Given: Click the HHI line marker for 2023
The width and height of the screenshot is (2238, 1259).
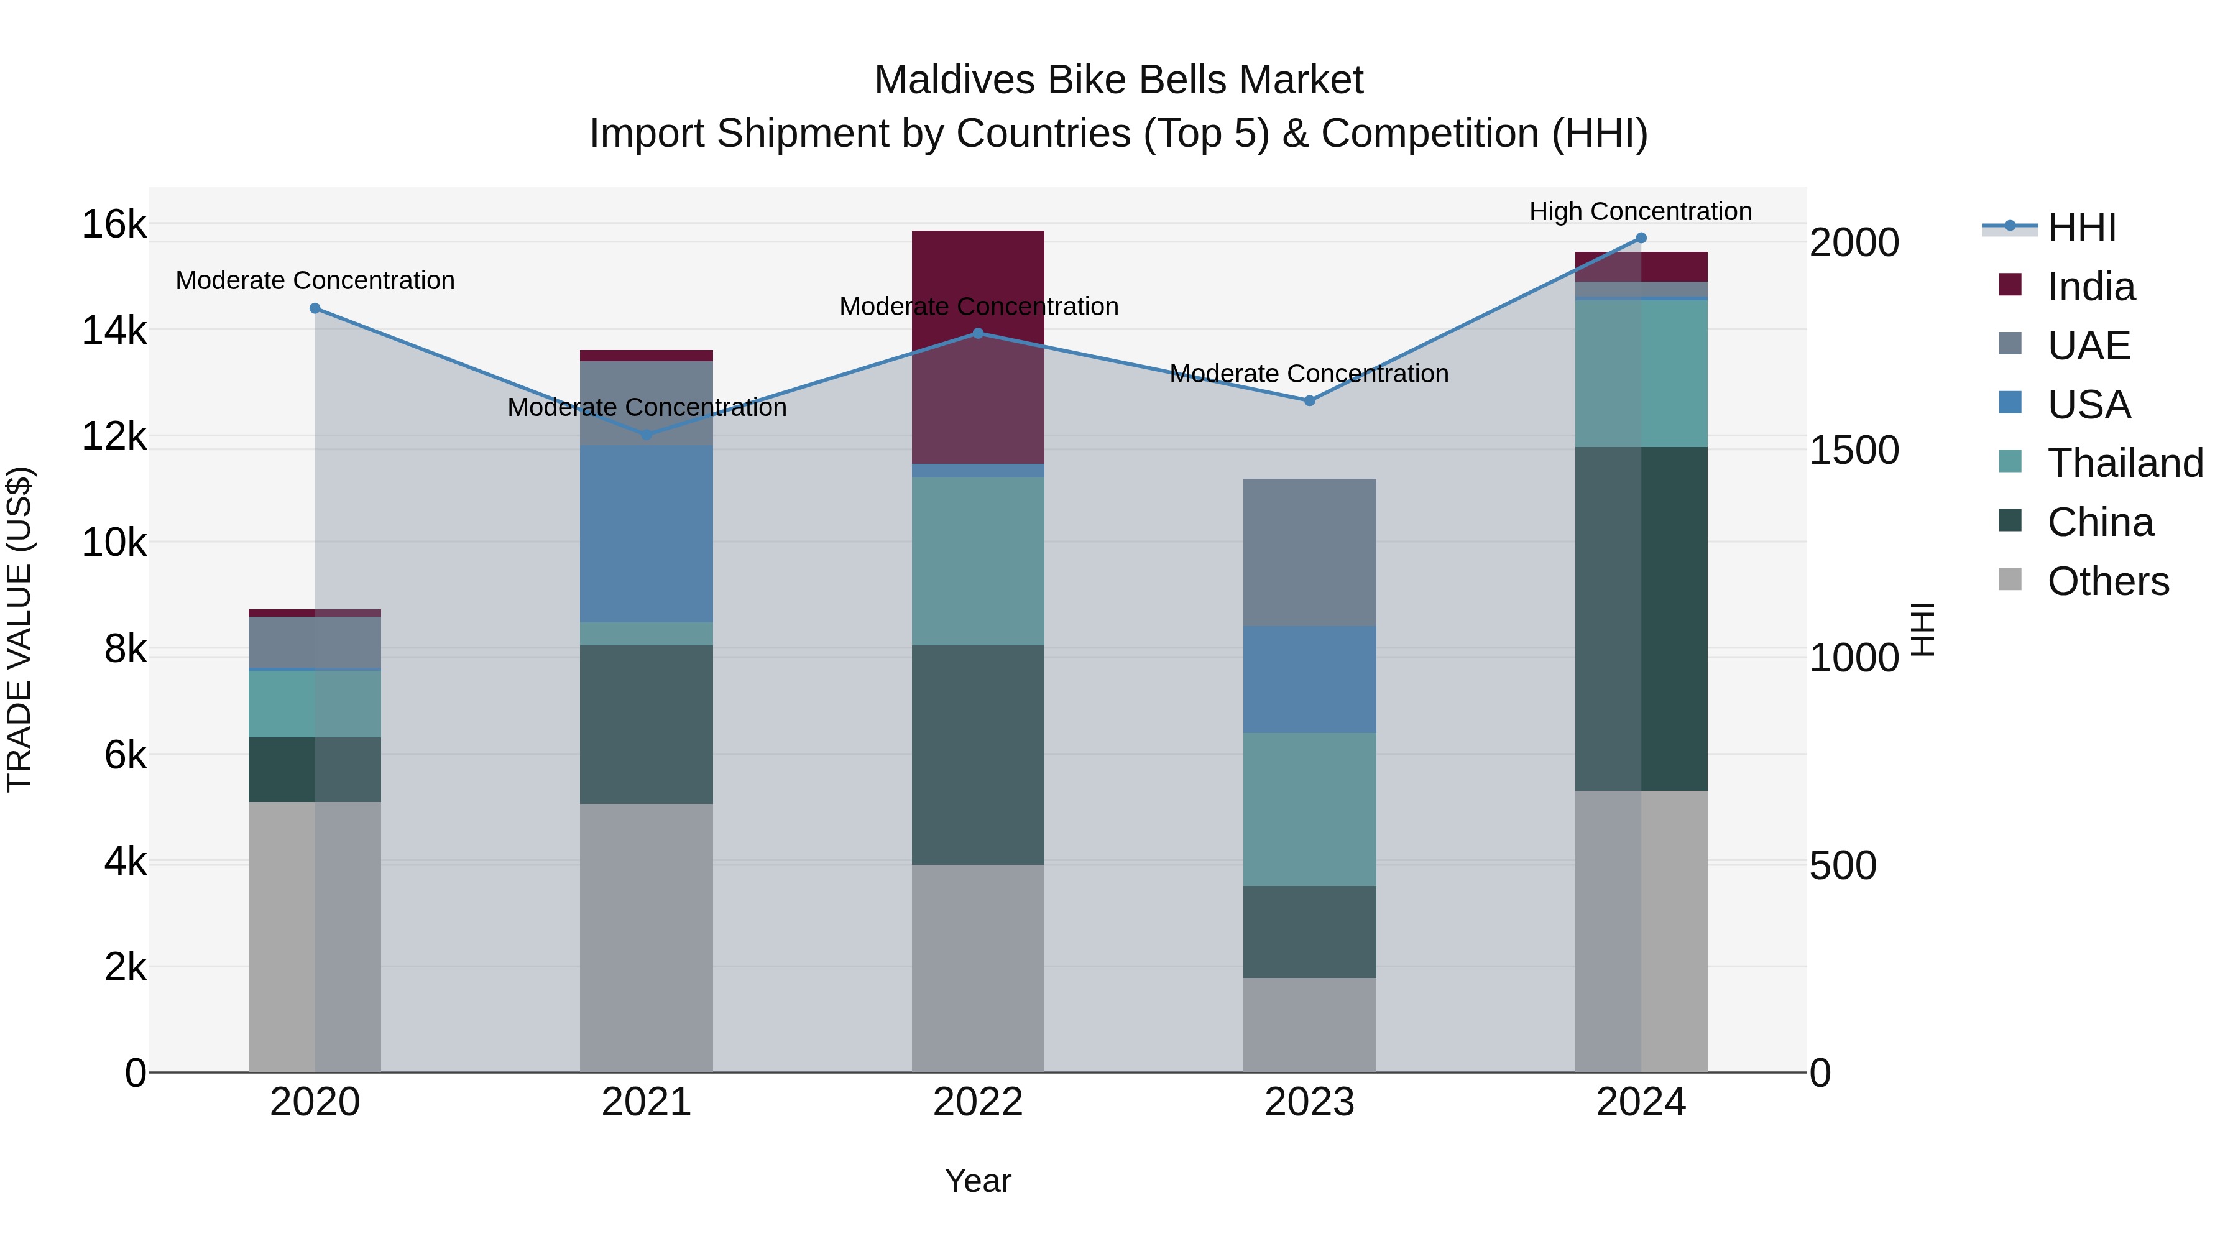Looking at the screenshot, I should coord(1310,400).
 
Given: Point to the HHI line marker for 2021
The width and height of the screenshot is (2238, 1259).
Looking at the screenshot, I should coord(647,435).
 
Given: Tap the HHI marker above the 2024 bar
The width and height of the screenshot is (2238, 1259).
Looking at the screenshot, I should coord(1641,238).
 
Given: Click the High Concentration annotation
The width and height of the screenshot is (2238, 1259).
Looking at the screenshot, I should coord(1641,212).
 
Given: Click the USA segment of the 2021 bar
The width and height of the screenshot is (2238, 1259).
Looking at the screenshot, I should coord(647,533).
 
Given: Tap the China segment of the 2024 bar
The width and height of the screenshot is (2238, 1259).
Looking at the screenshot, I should coord(1641,619).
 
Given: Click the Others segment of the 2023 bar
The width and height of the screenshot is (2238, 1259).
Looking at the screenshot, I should coord(1310,1025).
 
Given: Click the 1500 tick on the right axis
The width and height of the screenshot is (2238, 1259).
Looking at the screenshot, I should coord(1854,450).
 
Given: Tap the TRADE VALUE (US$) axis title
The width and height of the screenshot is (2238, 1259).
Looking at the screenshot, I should coord(20,629).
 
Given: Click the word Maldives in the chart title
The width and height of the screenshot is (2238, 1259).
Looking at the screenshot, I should coord(955,80).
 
